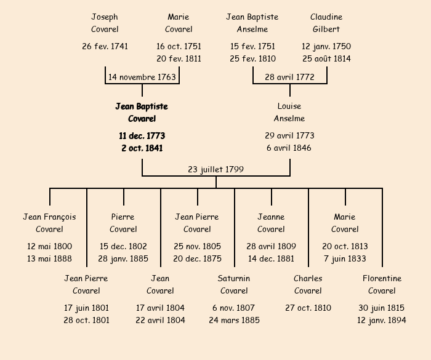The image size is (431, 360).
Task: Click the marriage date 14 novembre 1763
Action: tap(142, 77)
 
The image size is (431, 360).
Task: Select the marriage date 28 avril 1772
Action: tap(289, 77)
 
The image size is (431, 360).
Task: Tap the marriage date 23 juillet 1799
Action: tap(216, 169)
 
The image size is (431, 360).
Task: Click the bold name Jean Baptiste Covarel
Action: tap(142, 113)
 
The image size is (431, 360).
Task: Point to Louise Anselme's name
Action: tap(289, 113)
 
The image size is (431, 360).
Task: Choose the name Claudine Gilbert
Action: tap(326, 23)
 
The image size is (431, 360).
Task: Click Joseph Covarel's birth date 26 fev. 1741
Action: tap(105, 46)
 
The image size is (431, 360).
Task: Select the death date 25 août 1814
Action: tap(326, 59)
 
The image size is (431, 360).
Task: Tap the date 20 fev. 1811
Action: tap(179, 59)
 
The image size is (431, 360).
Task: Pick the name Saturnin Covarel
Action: tap(234, 284)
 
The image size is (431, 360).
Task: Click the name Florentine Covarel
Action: tap(382, 284)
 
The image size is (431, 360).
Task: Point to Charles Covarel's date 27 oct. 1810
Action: tap(308, 308)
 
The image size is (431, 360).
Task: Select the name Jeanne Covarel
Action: tap(271, 223)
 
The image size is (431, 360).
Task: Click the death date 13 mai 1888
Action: tap(49, 259)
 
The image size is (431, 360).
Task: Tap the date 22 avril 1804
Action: tap(160, 320)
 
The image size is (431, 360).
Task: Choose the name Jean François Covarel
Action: tap(49, 223)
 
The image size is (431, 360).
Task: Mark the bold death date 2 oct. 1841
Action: tap(142, 148)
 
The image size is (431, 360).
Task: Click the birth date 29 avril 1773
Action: tap(289, 135)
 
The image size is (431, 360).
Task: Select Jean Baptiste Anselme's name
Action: tap(252, 23)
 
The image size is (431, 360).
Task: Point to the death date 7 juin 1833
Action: tap(345, 259)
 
